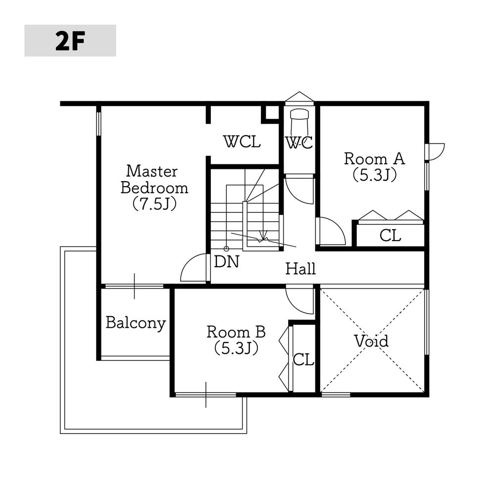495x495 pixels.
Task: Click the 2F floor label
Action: coord(70,41)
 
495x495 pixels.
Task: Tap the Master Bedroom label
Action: coord(154,180)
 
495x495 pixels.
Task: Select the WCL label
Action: coord(242,142)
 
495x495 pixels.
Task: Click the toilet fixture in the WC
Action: coord(299,122)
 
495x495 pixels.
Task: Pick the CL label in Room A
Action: coord(390,236)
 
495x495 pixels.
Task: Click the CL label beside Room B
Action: coord(303,359)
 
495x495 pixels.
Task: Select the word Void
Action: coord(371,341)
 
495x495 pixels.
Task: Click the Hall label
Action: coord(300,269)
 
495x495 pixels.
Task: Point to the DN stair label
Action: coord(227,262)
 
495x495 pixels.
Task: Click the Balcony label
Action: coord(136,323)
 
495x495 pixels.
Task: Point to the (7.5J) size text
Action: coord(154,204)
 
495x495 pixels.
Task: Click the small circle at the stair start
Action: coord(226,249)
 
